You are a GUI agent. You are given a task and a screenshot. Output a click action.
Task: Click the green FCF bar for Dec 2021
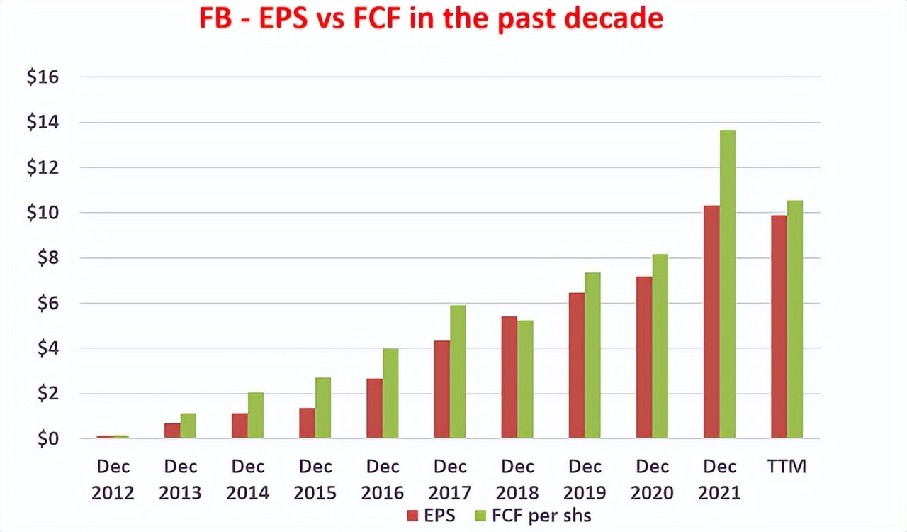[x=728, y=284]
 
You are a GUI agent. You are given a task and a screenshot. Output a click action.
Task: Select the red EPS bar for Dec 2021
[x=711, y=322]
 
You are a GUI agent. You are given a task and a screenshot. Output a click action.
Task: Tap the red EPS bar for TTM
[x=779, y=327]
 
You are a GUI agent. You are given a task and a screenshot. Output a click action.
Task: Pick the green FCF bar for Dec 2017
[x=458, y=372]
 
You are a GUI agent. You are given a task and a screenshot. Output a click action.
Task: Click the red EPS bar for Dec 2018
[x=509, y=377]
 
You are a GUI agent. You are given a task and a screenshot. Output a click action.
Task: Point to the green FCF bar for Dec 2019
[x=592, y=355]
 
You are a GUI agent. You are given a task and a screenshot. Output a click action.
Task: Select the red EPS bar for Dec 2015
[x=307, y=423]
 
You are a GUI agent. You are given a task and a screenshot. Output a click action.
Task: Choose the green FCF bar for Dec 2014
[x=256, y=416]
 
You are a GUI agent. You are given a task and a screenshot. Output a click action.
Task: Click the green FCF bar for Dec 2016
[x=390, y=394]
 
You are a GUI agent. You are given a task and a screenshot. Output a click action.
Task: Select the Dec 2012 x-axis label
[x=113, y=480]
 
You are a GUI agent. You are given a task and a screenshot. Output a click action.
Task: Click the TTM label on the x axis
[x=787, y=467]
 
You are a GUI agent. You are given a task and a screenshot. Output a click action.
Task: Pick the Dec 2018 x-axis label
[x=517, y=480]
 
